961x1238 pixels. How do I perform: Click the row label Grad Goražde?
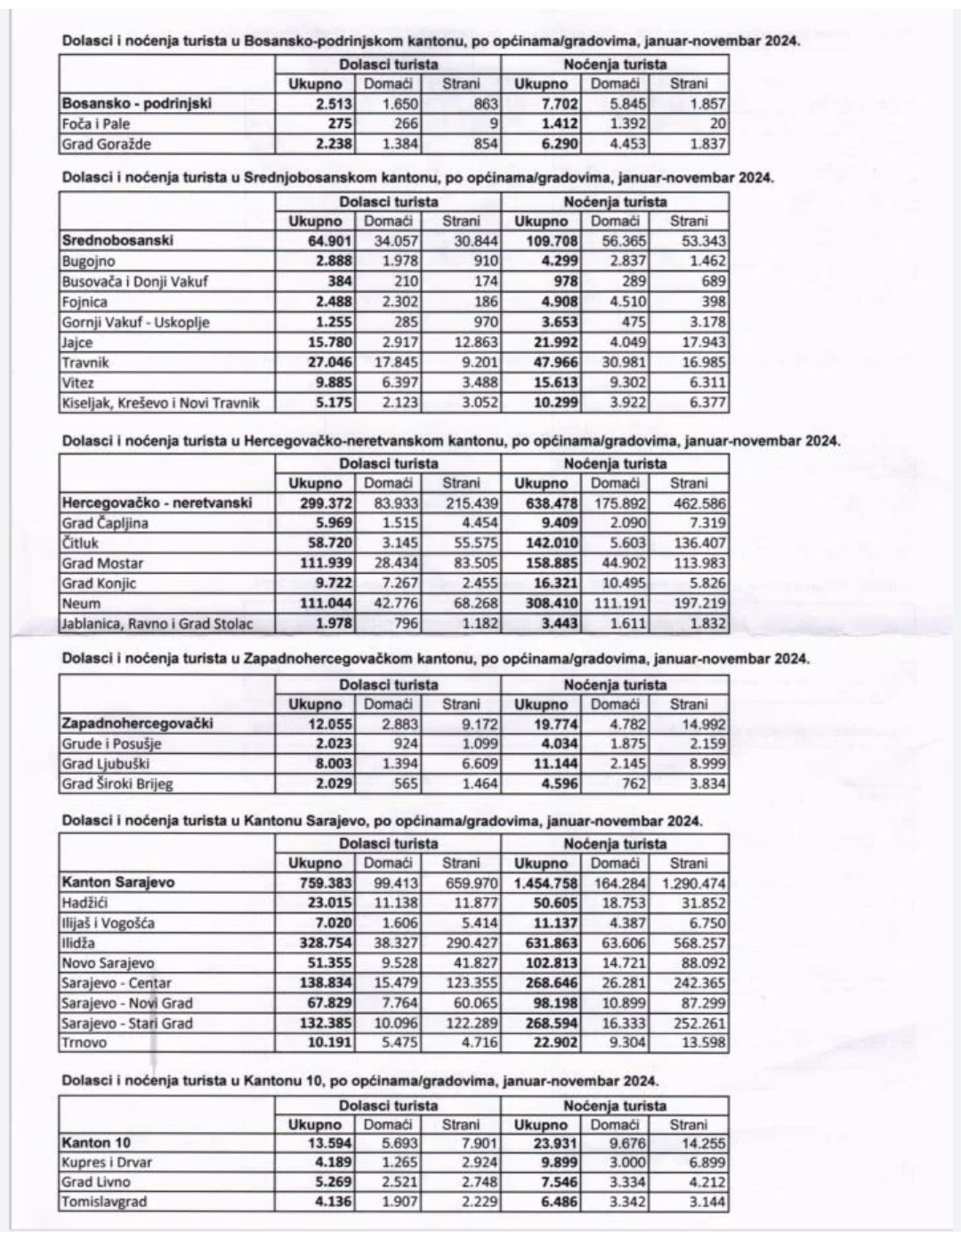coord(106,144)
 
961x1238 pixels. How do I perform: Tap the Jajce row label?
coord(77,342)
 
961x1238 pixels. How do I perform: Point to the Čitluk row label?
coord(80,543)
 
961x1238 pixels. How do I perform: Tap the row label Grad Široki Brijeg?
coord(117,784)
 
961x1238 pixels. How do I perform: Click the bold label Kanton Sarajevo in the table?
coord(118,882)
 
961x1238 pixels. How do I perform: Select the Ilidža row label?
coord(78,943)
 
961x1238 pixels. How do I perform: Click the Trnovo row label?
coord(84,1043)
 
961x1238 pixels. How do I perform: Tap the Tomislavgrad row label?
coord(104,1202)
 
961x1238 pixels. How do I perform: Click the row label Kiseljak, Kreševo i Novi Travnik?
coord(160,403)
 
